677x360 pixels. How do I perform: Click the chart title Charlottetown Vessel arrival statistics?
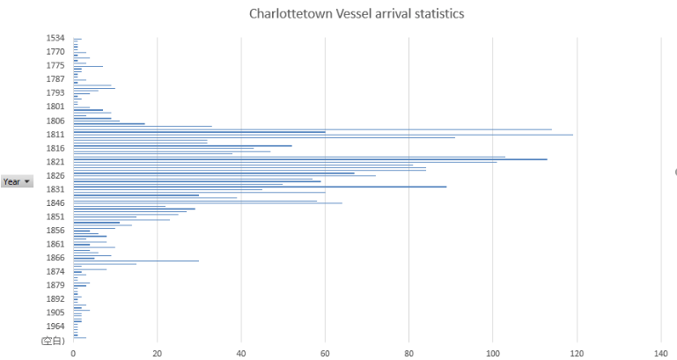tap(356, 14)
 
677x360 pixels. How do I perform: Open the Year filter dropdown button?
tap(27, 181)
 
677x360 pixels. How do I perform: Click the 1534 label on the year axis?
tap(55, 38)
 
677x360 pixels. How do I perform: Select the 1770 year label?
tap(55, 52)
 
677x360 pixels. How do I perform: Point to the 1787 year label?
tap(55, 79)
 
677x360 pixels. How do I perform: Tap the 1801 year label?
tap(55, 107)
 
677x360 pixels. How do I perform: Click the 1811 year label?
tap(55, 134)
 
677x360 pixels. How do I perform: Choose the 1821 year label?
tap(55, 162)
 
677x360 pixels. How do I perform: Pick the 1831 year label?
tap(55, 189)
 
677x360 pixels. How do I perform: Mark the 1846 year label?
tap(55, 202)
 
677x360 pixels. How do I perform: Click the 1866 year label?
tap(55, 258)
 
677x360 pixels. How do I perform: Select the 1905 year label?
tap(55, 312)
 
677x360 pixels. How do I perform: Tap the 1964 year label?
tap(55, 326)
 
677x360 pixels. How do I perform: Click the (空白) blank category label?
tap(53, 340)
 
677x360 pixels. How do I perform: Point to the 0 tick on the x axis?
tap(73, 354)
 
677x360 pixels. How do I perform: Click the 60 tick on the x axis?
tap(325, 354)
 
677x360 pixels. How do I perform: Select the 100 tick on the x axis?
tap(492, 354)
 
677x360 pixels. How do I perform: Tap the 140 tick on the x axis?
tap(660, 354)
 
